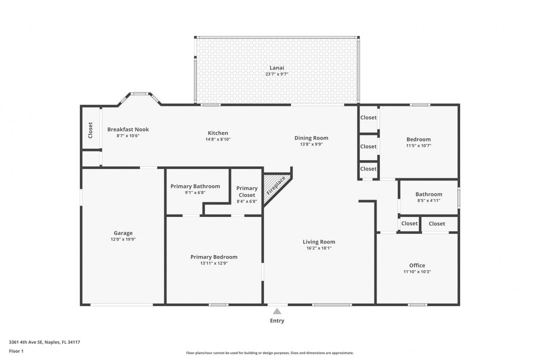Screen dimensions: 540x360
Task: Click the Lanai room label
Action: pyautogui.click(x=276, y=68)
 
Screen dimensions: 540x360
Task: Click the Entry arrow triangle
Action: pyautogui.click(x=277, y=311)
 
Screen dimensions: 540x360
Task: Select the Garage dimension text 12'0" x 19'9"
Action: pyautogui.click(x=123, y=239)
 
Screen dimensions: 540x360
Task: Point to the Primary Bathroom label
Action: pyautogui.click(x=195, y=186)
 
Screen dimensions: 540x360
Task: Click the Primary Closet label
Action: pyautogui.click(x=247, y=191)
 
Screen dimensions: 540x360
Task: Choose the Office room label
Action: pyautogui.click(x=417, y=265)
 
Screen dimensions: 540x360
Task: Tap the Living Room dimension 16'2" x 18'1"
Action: pyautogui.click(x=319, y=248)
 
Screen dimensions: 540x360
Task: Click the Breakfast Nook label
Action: pyautogui.click(x=128, y=129)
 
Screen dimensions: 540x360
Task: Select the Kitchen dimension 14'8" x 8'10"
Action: pyautogui.click(x=218, y=139)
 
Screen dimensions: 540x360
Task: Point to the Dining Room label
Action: pyautogui.click(x=311, y=138)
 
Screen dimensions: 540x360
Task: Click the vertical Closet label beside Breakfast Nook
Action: pyautogui.click(x=90, y=130)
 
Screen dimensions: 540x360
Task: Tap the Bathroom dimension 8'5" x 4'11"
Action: pyautogui.click(x=429, y=200)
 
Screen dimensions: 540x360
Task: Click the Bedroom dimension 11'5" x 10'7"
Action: pyautogui.click(x=418, y=145)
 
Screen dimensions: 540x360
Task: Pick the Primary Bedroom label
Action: pyautogui.click(x=214, y=257)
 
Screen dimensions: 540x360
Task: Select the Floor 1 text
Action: pyautogui.click(x=16, y=351)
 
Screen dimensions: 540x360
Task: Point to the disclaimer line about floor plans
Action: pyautogui.click(x=269, y=353)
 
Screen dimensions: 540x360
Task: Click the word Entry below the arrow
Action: pyautogui.click(x=277, y=320)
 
